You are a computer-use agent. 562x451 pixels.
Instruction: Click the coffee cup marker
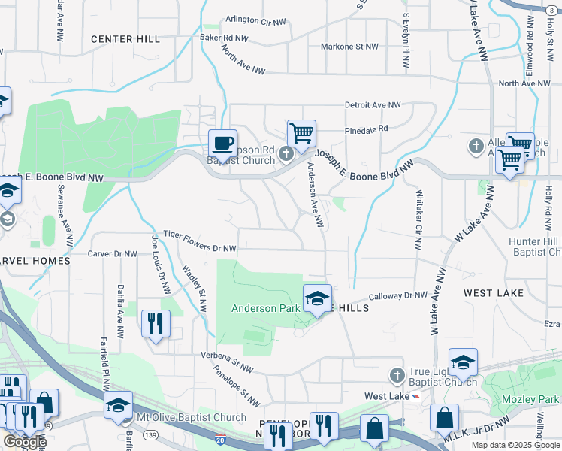222,142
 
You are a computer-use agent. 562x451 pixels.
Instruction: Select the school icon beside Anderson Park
316,299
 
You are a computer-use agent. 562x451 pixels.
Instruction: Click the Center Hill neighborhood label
125,39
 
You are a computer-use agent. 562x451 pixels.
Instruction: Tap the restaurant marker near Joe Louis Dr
156,324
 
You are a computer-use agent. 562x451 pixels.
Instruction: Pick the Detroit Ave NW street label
373,105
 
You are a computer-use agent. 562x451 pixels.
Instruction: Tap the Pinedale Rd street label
366,129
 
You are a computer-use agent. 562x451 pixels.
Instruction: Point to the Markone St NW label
349,47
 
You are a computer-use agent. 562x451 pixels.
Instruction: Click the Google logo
24,442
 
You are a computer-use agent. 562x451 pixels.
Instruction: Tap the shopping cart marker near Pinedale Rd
301,134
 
